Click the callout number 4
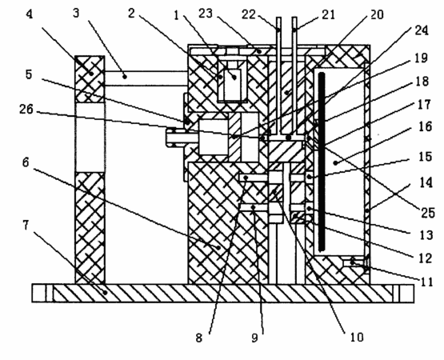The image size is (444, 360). coord(30,14)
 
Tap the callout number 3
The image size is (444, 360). coord(76,14)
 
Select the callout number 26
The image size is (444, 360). coord(26,110)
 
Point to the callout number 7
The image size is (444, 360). coord(26,226)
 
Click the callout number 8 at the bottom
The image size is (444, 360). coord(199,338)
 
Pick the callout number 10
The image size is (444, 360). coord(357,337)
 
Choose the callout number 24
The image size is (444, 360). coord(422,30)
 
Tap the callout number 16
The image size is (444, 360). coord(426,126)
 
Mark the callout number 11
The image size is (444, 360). coord(426,282)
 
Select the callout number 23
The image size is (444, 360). coord(206,14)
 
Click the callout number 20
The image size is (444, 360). coord(377,14)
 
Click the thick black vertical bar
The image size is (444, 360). coord(322,162)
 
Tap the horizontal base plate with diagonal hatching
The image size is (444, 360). coord(223,293)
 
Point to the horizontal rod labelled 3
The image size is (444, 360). coord(146,78)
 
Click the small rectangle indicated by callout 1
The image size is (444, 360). coord(232,84)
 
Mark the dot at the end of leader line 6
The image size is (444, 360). coord(218,247)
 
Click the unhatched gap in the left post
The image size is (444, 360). coord(90,137)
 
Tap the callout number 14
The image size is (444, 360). coord(426,182)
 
